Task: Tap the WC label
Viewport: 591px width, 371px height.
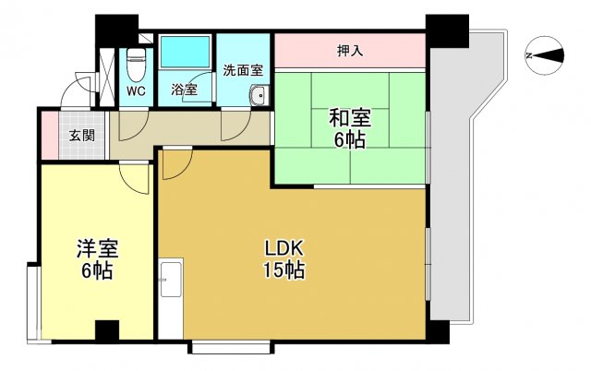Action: tap(136, 90)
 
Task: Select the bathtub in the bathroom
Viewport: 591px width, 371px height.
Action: tap(185, 52)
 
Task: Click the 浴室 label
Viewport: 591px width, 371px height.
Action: tap(185, 90)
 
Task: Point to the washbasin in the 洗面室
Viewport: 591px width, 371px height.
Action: tap(259, 95)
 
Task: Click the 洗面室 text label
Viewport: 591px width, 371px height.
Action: tap(243, 70)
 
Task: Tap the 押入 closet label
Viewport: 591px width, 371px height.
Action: tap(350, 51)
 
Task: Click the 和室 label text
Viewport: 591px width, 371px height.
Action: tap(350, 118)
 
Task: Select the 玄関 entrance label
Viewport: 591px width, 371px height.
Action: tap(82, 135)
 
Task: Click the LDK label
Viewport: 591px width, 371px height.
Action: tap(283, 248)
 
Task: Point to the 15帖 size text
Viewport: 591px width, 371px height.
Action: tap(283, 269)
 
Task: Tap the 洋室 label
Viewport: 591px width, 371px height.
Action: tap(98, 248)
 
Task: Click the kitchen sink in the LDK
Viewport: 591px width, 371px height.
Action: tap(171, 279)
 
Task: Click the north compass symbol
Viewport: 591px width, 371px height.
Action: tap(544, 55)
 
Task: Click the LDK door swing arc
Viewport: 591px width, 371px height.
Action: tap(177, 164)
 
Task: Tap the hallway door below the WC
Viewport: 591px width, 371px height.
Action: tap(134, 126)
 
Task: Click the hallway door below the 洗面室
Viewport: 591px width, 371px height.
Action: tap(236, 126)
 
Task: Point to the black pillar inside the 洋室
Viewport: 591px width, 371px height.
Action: tap(107, 330)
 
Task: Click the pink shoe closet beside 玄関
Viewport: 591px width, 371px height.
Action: tap(50, 136)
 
